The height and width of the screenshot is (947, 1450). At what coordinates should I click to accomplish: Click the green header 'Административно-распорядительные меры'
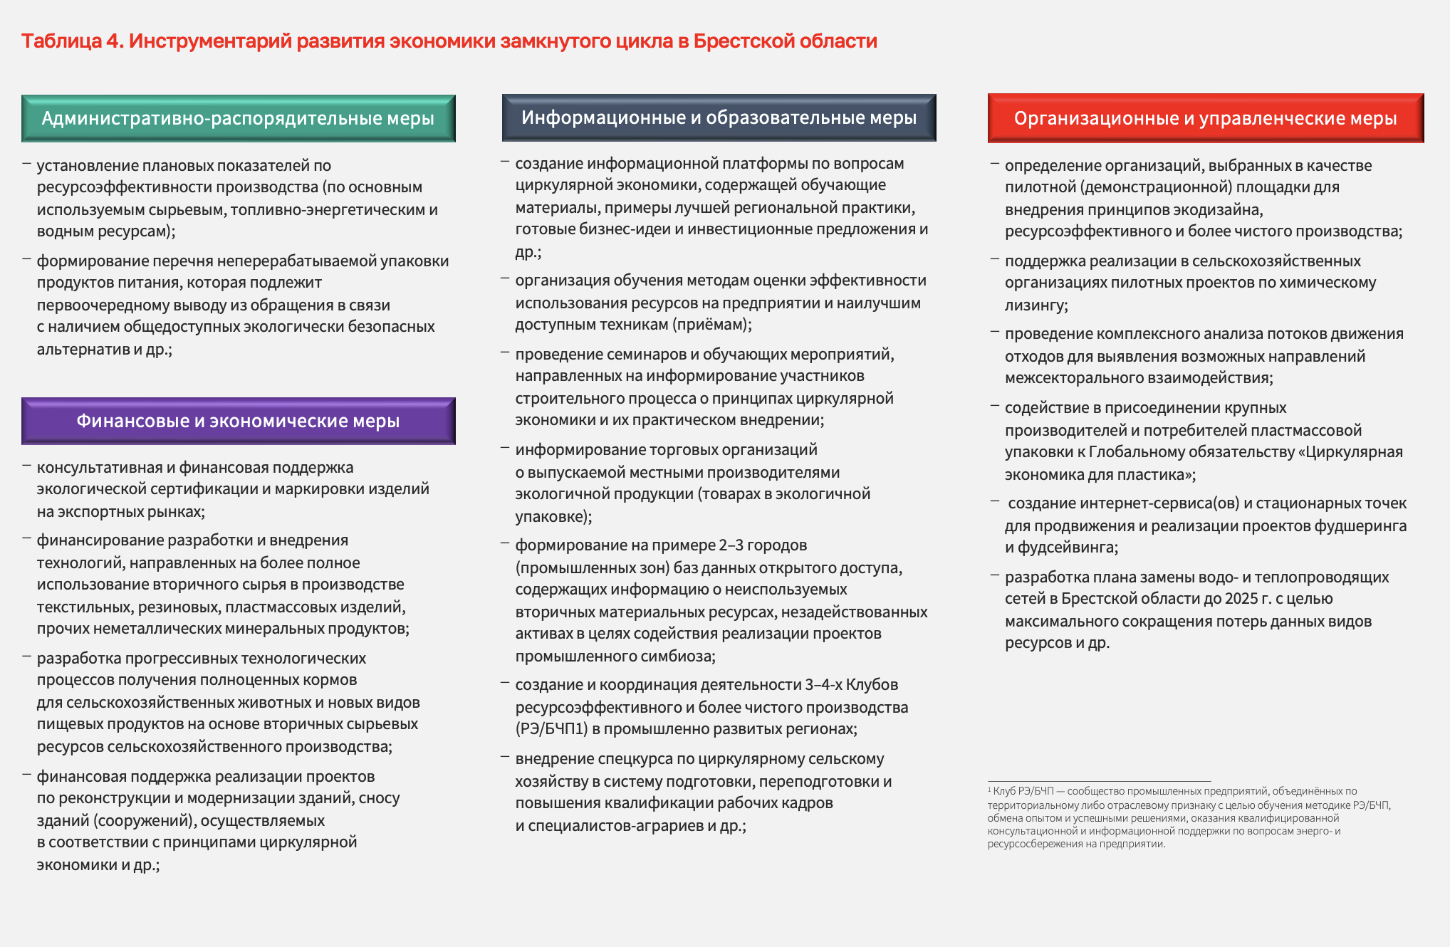pos(238,118)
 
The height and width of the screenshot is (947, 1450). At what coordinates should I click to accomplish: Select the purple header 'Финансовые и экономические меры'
pos(238,421)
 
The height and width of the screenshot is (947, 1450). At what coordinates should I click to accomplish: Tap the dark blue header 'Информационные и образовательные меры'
pos(719,117)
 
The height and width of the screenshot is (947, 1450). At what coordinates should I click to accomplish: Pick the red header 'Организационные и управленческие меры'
pos(1205,118)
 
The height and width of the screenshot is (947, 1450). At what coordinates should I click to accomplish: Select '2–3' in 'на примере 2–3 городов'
pos(733,545)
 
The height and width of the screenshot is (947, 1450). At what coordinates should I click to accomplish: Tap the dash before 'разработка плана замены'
pos(995,575)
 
